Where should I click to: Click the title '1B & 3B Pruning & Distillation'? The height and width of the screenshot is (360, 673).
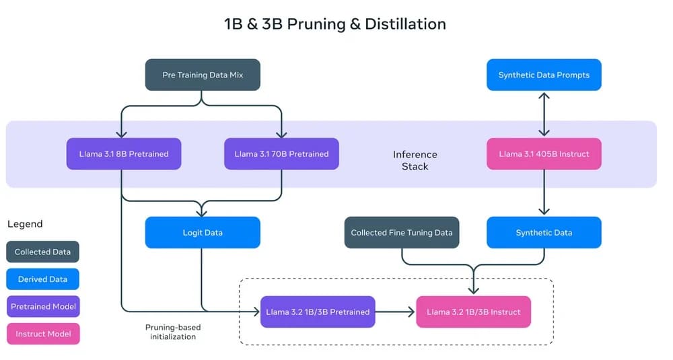(335, 24)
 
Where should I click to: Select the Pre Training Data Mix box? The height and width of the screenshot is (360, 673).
(203, 75)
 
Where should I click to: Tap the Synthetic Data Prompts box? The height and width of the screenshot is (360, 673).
(544, 75)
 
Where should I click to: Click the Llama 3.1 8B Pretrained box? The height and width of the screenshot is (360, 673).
(123, 153)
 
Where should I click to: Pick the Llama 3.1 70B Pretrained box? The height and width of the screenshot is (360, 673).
(281, 153)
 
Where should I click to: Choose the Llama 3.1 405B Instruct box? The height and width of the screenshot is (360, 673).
(544, 153)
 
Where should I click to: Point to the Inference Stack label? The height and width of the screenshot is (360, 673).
(415, 160)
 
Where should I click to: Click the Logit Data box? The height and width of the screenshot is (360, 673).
(203, 232)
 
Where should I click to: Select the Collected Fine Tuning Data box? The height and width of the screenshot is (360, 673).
(402, 232)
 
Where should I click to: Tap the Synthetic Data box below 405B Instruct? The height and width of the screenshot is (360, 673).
(544, 232)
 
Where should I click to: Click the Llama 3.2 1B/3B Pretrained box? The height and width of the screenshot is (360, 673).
(318, 312)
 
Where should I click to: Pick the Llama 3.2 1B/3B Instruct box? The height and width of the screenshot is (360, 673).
(473, 312)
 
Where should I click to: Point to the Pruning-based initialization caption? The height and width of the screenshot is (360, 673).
(173, 332)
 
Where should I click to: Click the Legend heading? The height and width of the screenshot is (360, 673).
(25, 224)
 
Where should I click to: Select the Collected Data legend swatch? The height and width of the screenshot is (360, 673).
(43, 252)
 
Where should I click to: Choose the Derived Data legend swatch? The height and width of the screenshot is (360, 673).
(43, 279)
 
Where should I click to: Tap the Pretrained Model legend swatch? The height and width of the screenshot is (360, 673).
(43, 306)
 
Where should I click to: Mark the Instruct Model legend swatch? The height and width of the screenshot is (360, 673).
(43, 334)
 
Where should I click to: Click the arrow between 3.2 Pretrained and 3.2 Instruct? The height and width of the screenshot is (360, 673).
(396, 312)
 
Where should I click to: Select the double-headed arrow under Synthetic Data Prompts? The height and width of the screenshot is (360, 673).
(544, 114)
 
